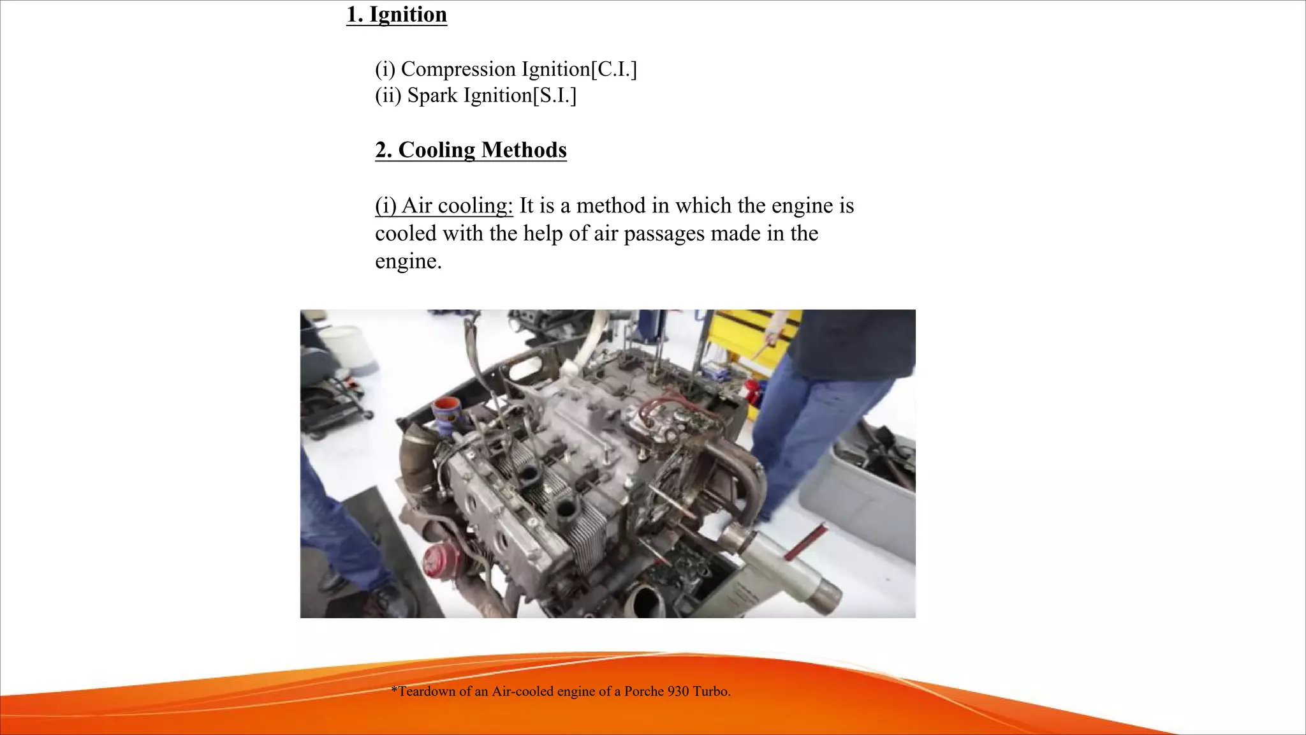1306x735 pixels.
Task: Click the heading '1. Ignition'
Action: (x=396, y=14)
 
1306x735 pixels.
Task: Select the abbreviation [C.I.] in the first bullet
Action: (x=613, y=69)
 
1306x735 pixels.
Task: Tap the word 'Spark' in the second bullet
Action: (x=432, y=96)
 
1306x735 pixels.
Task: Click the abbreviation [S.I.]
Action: (x=554, y=96)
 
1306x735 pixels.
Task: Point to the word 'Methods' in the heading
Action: (x=524, y=150)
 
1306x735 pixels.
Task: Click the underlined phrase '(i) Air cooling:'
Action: (x=444, y=205)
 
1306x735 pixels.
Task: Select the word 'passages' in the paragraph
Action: (x=663, y=234)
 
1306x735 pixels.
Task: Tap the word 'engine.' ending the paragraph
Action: (x=408, y=261)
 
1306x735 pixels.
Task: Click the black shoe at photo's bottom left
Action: (x=389, y=600)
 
